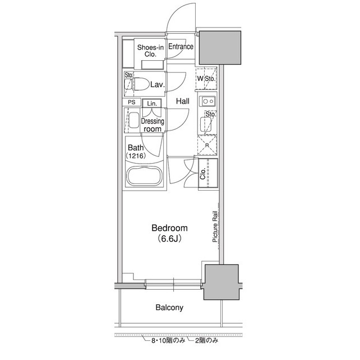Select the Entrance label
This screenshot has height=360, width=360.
tap(181, 47)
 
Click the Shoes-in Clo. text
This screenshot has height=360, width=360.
tap(150, 51)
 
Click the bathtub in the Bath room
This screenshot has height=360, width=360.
tap(144, 176)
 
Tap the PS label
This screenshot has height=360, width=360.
tap(132, 102)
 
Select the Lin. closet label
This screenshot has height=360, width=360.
tap(152, 103)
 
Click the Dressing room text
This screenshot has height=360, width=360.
tap(152, 125)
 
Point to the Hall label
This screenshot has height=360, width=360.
tap(182, 102)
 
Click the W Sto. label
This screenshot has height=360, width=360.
tap(205, 79)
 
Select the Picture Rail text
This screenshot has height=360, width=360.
tap(215, 227)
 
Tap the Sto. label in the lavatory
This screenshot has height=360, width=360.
tap(128, 75)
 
